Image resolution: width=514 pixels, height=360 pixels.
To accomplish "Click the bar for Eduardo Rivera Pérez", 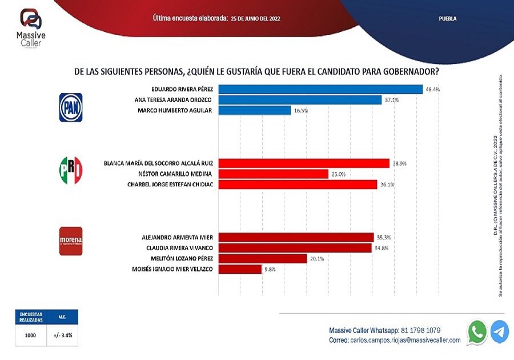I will coord(320,89).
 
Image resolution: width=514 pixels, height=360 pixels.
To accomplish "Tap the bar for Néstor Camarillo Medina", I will coord(274,174).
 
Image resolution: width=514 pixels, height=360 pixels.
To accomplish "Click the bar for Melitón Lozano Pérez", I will coord(263,258).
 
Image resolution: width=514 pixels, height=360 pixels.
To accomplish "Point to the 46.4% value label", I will coord(432,89).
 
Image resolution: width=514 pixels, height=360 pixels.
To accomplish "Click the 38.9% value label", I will coord(399,163).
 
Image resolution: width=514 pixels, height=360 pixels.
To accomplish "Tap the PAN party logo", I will coord(71,107).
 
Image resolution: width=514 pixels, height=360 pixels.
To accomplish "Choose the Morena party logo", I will coord(71,241).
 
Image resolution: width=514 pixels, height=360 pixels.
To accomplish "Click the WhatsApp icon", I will coord(477,332).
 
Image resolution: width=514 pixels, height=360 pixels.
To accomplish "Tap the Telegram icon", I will coord(500,332).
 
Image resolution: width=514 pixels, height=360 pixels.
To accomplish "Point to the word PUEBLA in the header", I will coord(448,19).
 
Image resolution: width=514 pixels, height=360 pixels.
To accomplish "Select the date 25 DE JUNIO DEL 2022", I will coord(255,19).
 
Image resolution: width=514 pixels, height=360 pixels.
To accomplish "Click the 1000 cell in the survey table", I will coord(30,335).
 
